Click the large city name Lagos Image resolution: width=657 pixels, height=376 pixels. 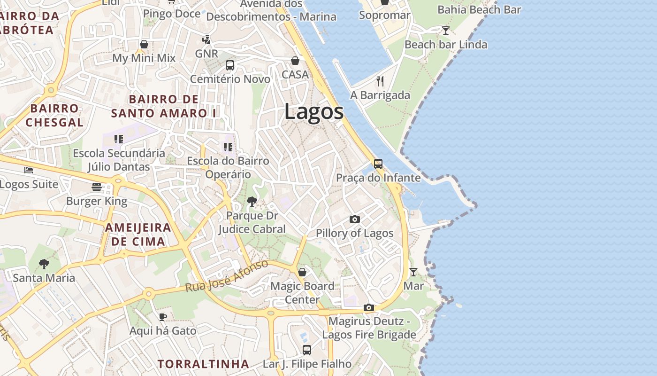(313, 112)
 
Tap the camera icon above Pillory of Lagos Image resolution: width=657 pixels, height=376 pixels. (355, 219)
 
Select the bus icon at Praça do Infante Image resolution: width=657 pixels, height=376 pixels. (378, 164)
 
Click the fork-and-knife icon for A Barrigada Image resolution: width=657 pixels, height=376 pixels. (380, 81)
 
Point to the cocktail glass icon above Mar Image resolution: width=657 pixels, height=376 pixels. (413, 272)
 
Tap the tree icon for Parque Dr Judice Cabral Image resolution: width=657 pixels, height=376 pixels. (252, 202)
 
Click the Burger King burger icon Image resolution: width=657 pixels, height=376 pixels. (97, 187)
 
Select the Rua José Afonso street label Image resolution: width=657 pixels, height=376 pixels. (227, 276)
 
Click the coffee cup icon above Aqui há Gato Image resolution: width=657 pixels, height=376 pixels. (162, 317)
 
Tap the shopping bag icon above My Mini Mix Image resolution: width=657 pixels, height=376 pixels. (144, 44)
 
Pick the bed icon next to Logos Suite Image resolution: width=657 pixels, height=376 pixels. (29, 170)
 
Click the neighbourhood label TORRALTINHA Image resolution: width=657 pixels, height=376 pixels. (203, 364)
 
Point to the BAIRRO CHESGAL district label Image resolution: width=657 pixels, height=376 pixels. (54, 116)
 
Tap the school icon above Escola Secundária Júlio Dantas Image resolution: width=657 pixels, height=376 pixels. (119, 139)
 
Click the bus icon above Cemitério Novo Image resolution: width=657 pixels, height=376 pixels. (230, 65)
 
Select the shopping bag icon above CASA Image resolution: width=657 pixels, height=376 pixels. (295, 61)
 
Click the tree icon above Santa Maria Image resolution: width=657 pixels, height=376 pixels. (44, 264)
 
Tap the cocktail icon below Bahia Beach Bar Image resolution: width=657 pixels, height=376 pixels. (446, 31)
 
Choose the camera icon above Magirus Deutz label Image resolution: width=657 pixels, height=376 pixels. (369, 308)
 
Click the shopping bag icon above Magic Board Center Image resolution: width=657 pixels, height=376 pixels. (302, 272)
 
